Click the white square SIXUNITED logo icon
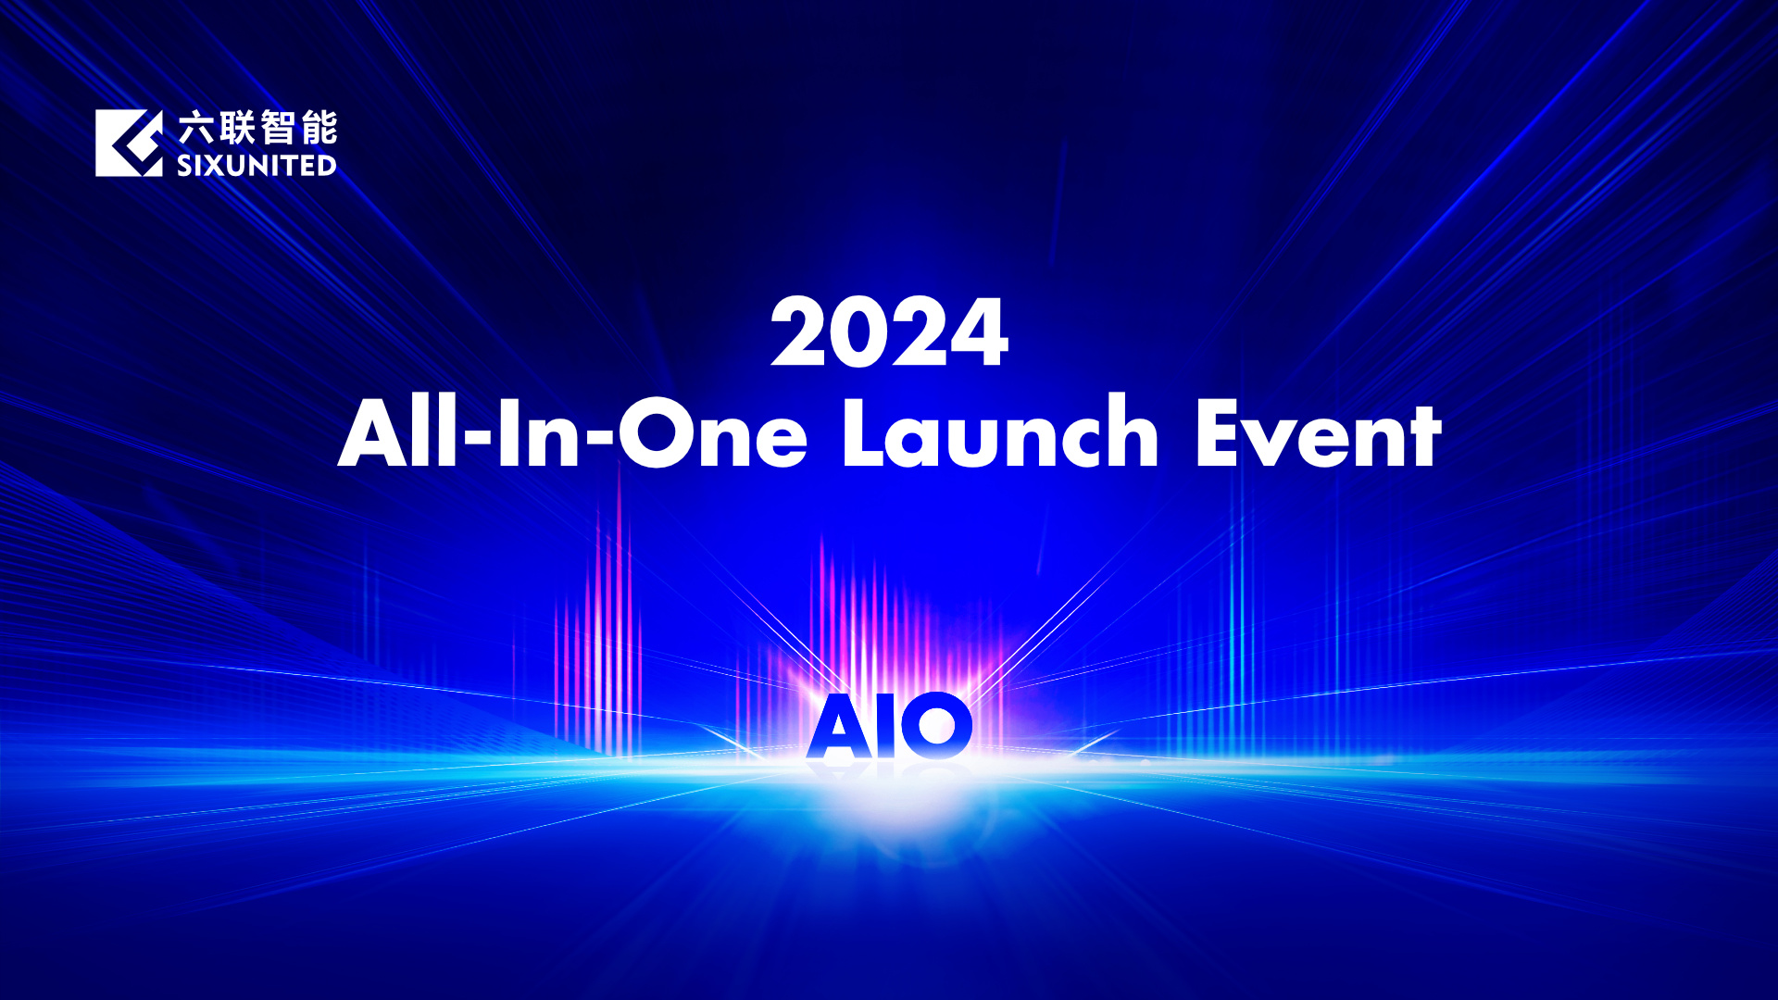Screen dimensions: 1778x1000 [129, 143]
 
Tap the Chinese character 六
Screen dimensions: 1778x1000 [196, 128]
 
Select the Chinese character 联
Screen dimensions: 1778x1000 [237, 128]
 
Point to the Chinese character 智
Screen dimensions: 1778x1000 [278, 128]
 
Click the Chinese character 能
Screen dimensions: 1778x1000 [319, 128]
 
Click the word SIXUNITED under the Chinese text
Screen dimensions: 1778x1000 [257, 166]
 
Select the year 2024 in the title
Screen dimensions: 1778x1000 [889, 331]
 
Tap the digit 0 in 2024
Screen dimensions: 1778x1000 [858, 331]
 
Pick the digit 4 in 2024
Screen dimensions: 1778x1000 [978, 331]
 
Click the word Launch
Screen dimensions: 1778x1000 [1000, 431]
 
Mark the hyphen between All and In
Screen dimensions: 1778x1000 [478, 434]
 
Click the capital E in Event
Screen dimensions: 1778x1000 [1217, 432]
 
